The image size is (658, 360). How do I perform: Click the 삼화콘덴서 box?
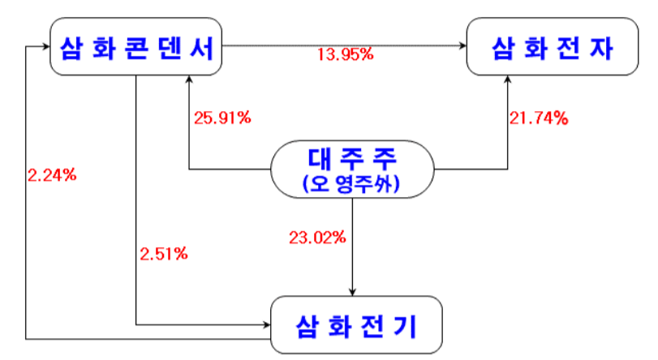pyautogui.click(x=135, y=48)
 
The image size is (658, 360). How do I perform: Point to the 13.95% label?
pyautogui.click(x=345, y=55)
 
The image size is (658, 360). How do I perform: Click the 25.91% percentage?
pyautogui.click(x=221, y=117)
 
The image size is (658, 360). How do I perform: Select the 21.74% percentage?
pyautogui.click(x=538, y=118)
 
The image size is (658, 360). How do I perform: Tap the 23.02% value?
pyautogui.click(x=317, y=238)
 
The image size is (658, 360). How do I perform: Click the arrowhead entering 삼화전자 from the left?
pyautogui.click(x=462, y=47)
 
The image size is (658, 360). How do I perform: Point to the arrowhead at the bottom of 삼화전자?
pyautogui.click(x=510, y=82)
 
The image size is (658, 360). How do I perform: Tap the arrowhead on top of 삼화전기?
pyautogui.click(x=353, y=292)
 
